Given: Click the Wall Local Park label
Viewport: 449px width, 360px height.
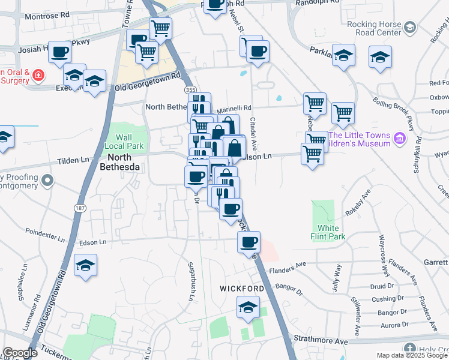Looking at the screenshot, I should coord(124,142).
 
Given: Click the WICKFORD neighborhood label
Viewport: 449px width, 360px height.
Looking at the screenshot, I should coord(242,289).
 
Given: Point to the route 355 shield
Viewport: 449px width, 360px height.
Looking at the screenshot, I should coord(190,89).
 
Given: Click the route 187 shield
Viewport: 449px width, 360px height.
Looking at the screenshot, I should coord(79,208).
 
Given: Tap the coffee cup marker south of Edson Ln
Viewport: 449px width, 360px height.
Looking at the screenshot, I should coord(249,242).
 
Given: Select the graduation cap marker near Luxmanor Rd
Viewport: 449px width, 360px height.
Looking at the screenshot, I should coord(85,265).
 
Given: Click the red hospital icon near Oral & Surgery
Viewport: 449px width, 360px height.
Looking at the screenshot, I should coord(38,76).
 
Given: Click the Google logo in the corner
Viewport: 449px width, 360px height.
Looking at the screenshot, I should coord(20,353).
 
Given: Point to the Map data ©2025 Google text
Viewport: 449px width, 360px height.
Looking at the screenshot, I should coord(411,355).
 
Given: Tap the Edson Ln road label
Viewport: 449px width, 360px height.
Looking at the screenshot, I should coord(93,242).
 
